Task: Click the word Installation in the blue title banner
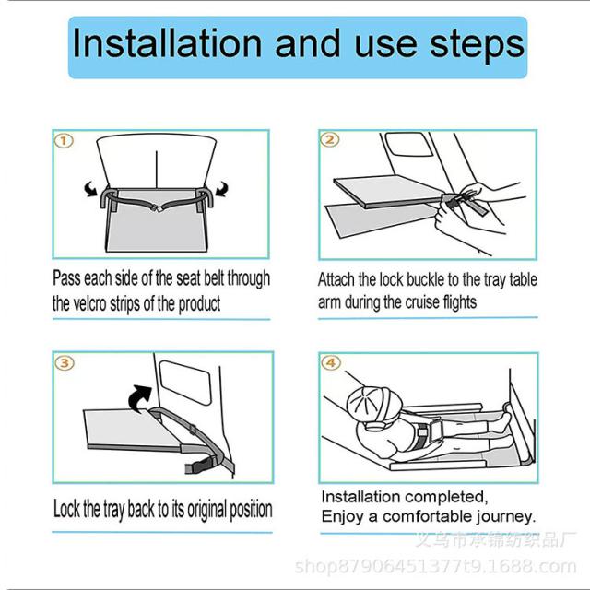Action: pyautogui.click(x=167, y=43)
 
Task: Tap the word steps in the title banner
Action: pyautogui.click(x=477, y=46)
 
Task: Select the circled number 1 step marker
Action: pyautogui.click(x=64, y=141)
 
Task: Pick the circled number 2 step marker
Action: pyautogui.click(x=330, y=140)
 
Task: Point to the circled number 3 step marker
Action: pyautogui.click(x=65, y=362)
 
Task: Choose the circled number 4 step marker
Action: pyautogui.click(x=331, y=362)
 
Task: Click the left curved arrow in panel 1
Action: pyautogui.click(x=90, y=188)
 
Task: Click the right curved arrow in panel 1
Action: pyautogui.click(x=222, y=188)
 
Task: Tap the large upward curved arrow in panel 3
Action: pyautogui.click(x=140, y=398)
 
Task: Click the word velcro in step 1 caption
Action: pyautogui.click(x=90, y=303)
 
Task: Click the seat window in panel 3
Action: pyautogui.click(x=185, y=383)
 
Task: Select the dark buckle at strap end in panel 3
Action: pyautogui.click(x=201, y=466)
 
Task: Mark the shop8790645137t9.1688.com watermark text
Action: pyautogui.click(x=435, y=566)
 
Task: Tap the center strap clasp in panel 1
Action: pyautogui.click(x=157, y=206)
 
